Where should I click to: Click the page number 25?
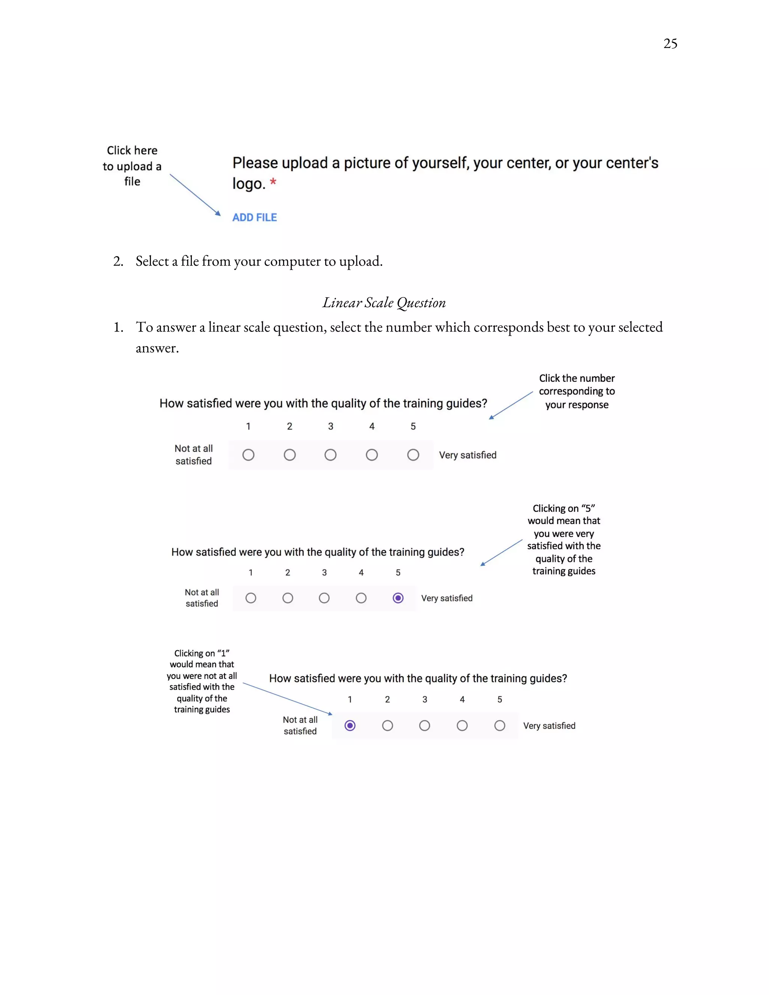670,44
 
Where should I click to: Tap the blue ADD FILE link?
254,217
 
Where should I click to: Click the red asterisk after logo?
273,182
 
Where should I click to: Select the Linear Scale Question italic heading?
384,303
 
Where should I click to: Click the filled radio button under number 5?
398,598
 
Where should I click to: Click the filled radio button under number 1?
350,725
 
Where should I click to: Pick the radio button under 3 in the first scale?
330,455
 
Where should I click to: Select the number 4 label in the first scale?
372,427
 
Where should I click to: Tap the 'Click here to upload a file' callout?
132,166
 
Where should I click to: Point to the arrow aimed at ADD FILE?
195,194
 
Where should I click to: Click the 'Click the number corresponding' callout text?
576,391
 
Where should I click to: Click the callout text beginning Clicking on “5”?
564,540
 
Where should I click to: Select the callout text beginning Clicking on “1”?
202,681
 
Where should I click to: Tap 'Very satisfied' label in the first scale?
467,455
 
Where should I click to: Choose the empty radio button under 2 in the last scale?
387,725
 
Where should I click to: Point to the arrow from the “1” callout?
287,698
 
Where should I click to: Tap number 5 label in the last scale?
499,700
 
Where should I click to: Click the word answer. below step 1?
157,348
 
